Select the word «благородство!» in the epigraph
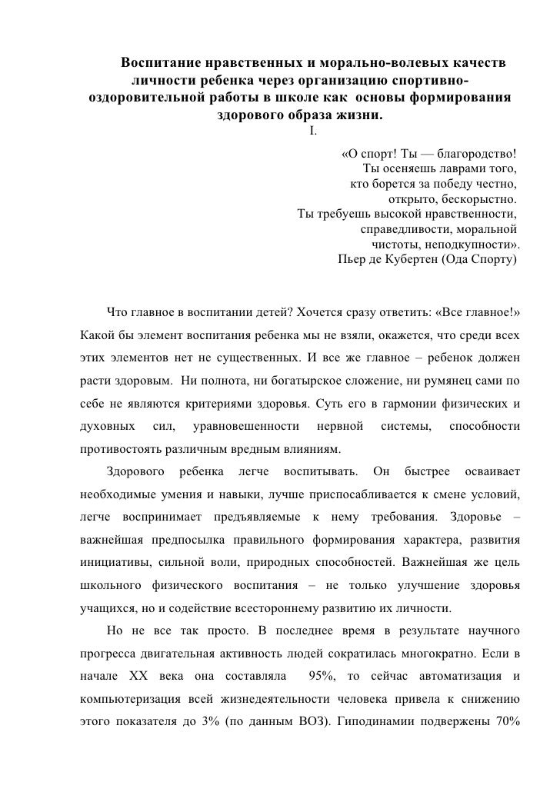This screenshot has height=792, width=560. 479,151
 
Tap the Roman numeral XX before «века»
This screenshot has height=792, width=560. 137,675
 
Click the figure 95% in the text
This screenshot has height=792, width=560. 321,675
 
